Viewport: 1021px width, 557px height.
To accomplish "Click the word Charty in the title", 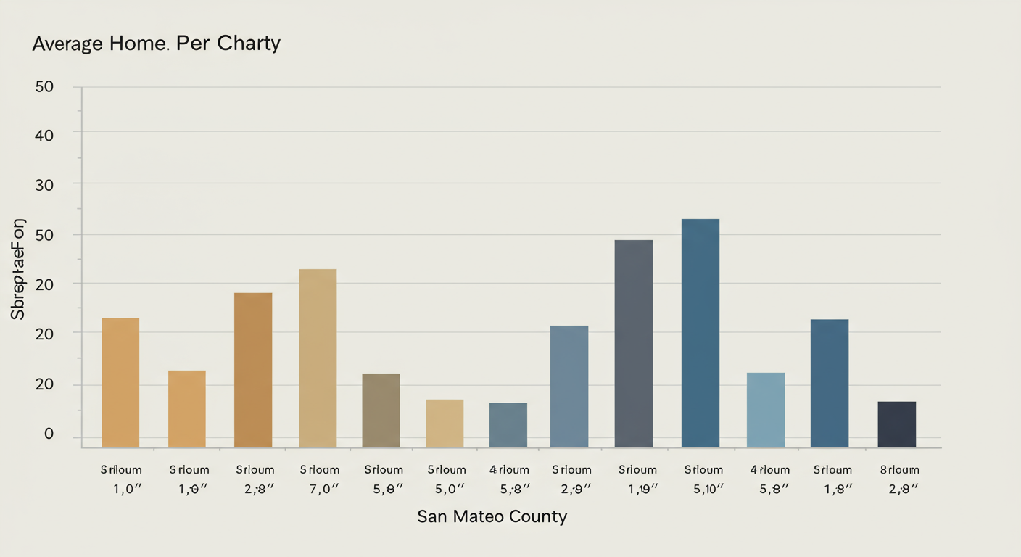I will pyautogui.click(x=247, y=44).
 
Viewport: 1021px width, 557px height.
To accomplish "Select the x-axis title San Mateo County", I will pyautogui.click(x=492, y=517).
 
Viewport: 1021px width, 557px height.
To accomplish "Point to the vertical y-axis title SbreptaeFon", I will pyautogui.click(x=19, y=268).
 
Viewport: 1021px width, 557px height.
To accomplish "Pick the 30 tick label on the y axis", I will pyautogui.click(x=44, y=184).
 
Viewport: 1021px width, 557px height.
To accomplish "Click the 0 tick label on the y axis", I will pyautogui.click(x=49, y=434).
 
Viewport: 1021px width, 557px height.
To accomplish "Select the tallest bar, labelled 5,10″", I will pyautogui.click(x=700, y=333).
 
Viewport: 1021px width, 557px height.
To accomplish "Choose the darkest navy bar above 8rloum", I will pyautogui.click(x=897, y=424).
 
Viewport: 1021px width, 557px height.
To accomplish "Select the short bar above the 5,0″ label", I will pyautogui.click(x=445, y=423).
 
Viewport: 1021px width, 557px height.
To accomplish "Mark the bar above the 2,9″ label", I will pyautogui.click(x=569, y=386).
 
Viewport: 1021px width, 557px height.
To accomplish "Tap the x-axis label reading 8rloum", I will pyautogui.click(x=899, y=470).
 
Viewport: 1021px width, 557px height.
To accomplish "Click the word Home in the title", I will pyautogui.click(x=144, y=44).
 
